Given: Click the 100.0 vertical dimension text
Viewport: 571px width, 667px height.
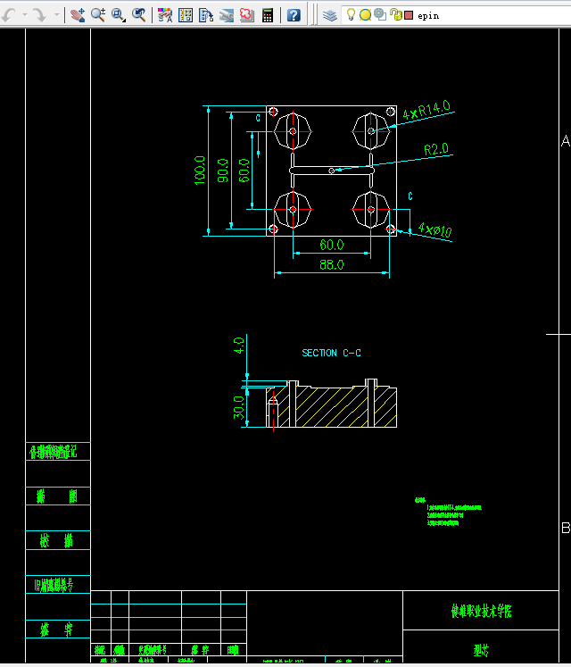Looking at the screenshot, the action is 200,171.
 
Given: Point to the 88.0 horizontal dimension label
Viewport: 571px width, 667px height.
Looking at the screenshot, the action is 332,264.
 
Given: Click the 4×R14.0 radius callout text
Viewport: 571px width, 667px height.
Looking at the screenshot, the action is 426,111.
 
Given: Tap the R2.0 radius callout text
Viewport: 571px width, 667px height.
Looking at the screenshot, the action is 436,148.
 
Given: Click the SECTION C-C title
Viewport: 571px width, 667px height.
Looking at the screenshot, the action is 331,354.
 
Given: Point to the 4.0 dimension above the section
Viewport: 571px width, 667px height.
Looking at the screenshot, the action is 238,344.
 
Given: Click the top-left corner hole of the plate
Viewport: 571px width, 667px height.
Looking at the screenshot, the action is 274,112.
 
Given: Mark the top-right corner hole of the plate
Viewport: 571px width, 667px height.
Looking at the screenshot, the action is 391,112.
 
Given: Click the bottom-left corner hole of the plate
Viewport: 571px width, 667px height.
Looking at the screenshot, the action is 274,229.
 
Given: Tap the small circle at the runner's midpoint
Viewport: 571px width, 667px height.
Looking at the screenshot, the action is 332,171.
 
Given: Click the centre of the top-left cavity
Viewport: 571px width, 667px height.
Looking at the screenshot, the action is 293,132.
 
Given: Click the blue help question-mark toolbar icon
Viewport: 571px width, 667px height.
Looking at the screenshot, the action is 294,14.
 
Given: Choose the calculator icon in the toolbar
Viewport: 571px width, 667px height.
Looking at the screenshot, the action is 268,14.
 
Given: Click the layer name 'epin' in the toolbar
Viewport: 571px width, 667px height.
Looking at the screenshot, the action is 429,15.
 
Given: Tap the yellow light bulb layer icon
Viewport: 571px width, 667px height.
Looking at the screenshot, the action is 352,14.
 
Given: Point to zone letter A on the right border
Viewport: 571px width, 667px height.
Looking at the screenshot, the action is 565,141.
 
